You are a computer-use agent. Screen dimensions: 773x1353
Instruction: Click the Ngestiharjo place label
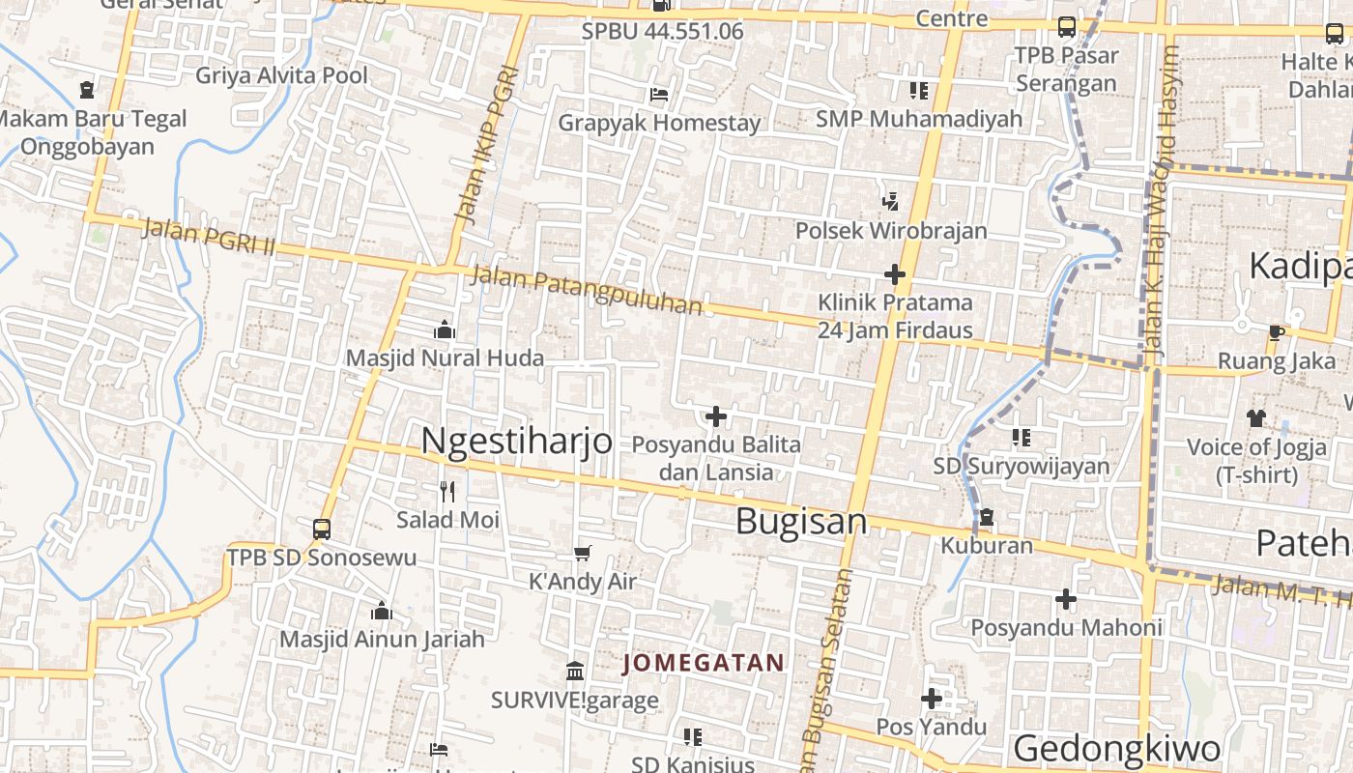[517, 441]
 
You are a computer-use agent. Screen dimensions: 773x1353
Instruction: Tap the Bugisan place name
[801, 522]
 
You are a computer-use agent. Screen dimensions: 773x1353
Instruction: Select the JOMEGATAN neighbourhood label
[704, 663]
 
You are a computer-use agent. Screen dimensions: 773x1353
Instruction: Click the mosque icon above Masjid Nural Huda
[445, 330]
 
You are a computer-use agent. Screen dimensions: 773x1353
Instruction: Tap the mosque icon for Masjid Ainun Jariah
[382, 612]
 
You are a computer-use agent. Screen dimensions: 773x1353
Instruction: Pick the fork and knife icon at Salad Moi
[446, 492]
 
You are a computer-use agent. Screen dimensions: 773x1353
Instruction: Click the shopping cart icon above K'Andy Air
[582, 554]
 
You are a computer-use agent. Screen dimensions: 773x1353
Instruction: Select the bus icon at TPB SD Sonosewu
[322, 530]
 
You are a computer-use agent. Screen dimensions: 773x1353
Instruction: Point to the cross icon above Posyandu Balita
[716, 416]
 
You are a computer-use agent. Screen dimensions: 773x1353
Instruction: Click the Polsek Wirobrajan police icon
[891, 202]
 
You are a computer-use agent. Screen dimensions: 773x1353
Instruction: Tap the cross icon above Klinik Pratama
[895, 274]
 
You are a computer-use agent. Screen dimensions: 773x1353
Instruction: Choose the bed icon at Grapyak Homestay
[659, 95]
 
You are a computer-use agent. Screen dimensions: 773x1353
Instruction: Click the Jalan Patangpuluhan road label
[587, 290]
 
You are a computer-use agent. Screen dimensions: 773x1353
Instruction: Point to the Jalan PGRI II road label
[208, 238]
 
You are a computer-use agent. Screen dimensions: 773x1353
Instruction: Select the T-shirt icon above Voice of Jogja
[1255, 418]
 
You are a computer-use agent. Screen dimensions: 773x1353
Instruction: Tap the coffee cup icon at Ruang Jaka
[1276, 333]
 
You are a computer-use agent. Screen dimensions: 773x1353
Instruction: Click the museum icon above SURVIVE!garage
[575, 671]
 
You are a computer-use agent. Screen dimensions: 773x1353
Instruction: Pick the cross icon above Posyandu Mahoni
[1066, 599]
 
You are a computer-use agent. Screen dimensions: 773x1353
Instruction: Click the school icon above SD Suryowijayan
[1022, 438]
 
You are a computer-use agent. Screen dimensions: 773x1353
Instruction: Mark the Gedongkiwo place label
[1116, 749]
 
